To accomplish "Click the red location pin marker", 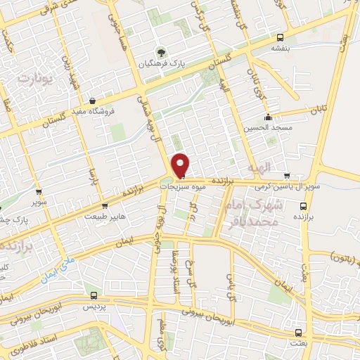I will click(x=181, y=165).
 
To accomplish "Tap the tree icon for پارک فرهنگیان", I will click(x=162, y=51).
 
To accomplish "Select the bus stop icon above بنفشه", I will click(x=281, y=38).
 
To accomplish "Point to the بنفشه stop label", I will click(x=281, y=49).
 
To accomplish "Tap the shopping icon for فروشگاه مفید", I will click(x=93, y=101).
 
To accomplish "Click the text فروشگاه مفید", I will click(x=93, y=111).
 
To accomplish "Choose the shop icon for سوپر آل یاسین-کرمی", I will click(x=286, y=176).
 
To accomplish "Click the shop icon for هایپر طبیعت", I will click(x=105, y=206).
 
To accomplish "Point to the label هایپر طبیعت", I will click(x=105, y=216).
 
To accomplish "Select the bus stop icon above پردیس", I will click(x=94, y=296).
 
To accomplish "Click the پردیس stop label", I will click(x=94, y=307).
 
